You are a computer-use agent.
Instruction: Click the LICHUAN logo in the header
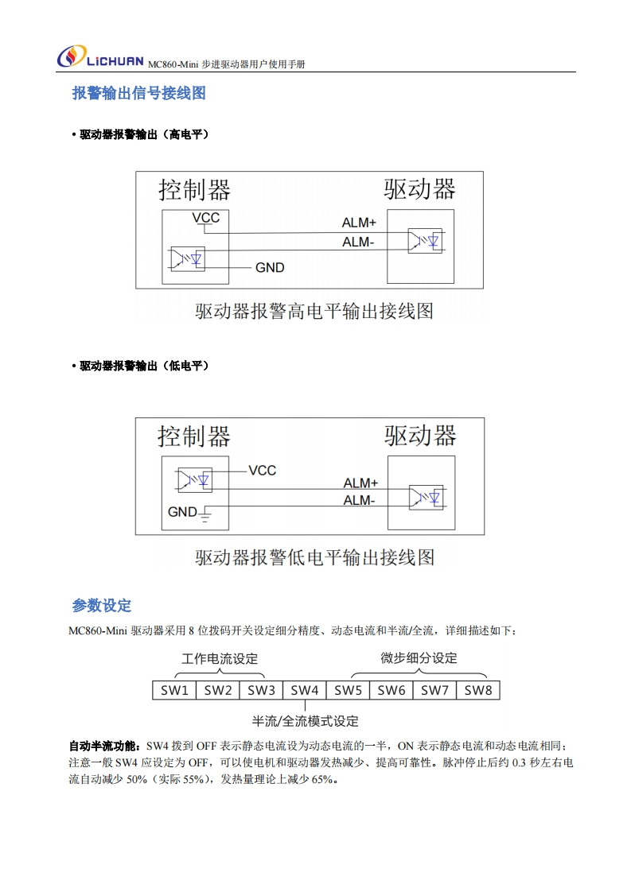coord(99,58)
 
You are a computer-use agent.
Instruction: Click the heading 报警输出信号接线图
coord(139,94)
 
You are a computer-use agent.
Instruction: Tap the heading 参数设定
coord(102,606)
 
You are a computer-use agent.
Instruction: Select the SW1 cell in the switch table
coord(174,690)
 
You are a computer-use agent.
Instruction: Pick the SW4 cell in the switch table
coord(305,690)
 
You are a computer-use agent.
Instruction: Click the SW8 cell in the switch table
coord(478,690)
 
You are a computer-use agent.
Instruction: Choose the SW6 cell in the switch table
coord(391,690)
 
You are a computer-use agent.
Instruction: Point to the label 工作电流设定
coord(220,659)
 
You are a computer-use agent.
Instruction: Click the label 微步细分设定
coord(419,658)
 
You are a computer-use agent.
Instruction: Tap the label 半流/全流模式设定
coord(306,721)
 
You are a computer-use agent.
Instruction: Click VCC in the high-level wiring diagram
coord(205,217)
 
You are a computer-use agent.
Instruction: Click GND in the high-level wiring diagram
coord(270,267)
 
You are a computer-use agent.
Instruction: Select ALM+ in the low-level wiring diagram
coord(360,483)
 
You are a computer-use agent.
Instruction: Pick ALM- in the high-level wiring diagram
coord(358,242)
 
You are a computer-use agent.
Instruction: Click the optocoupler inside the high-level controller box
coord(188,258)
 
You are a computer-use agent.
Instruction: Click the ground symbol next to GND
coord(204,516)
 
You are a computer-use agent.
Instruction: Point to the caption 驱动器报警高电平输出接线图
coord(314,310)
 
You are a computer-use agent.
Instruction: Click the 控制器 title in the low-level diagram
coord(194,436)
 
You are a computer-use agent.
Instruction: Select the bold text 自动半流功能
coord(103,747)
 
